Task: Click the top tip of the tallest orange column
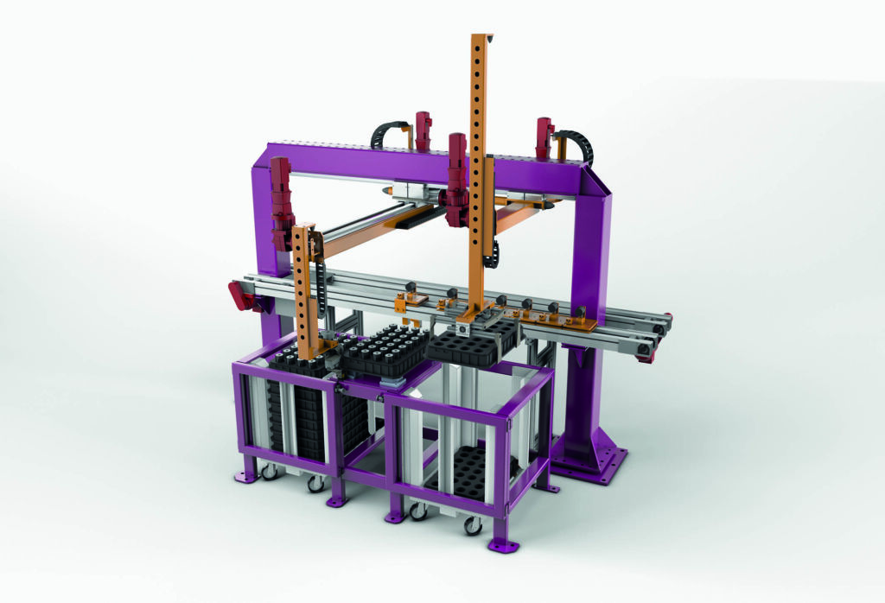(x=481, y=37)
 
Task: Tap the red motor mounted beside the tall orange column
(x=455, y=176)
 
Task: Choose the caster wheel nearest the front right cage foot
(x=473, y=524)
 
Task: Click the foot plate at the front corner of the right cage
(x=502, y=545)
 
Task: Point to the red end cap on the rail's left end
(x=240, y=298)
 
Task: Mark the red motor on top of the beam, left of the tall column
(x=423, y=129)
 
